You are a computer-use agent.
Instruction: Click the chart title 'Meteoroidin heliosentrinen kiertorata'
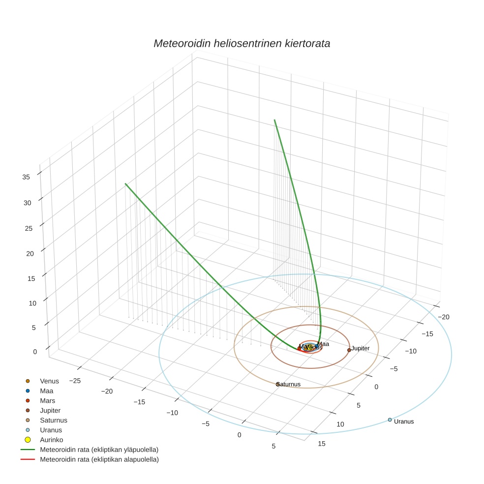(242, 43)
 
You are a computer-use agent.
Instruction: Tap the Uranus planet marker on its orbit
(390, 420)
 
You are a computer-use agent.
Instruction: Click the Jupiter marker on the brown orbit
(349, 350)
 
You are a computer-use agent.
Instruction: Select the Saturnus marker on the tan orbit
(277, 384)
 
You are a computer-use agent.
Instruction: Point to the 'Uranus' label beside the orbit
(404, 422)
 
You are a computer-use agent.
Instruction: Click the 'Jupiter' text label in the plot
(361, 348)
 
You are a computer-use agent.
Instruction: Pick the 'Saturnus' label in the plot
(289, 384)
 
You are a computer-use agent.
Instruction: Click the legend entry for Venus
(49, 381)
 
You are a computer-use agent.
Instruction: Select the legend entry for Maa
(46, 391)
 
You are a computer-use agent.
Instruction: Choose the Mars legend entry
(47, 400)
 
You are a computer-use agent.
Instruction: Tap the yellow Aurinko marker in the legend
(28, 440)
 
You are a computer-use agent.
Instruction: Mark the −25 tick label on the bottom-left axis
(75, 381)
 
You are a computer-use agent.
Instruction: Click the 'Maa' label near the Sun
(323, 344)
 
